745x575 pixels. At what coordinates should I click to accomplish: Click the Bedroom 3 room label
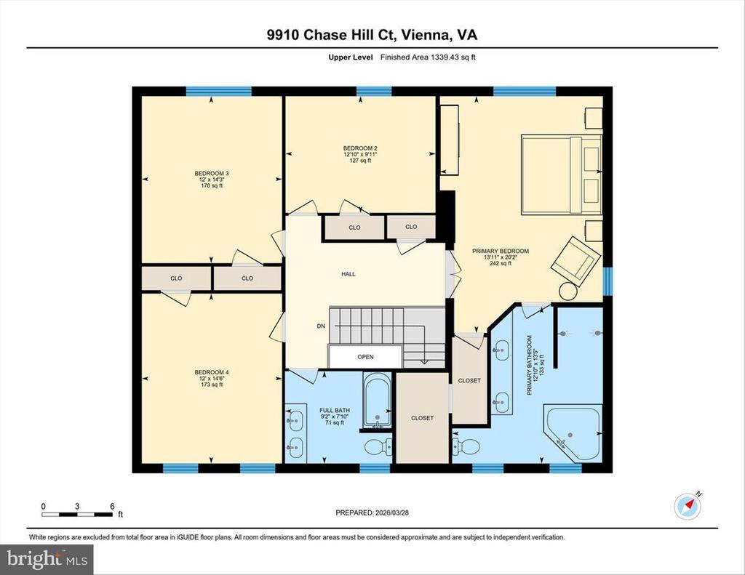tap(212, 173)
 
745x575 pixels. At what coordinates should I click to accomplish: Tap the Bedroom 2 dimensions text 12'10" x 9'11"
tap(361, 154)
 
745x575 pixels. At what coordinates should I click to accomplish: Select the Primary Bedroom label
tap(501, 252)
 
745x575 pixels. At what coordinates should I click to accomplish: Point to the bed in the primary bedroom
tap(562, 174)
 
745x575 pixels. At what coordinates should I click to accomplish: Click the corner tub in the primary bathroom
tap(572, 432)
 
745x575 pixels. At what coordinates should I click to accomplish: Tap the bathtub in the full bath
tap(378, 399)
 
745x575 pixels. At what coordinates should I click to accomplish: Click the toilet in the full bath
tap(378, 446)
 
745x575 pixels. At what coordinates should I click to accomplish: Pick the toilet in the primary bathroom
tap(466, 446)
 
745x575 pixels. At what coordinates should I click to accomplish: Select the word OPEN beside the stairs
tap(365, 357)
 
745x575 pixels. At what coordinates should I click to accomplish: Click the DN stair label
tap(321, 326)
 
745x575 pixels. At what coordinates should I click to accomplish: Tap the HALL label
tap(348, 274)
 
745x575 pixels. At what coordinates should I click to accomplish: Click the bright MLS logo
tap(47, 559)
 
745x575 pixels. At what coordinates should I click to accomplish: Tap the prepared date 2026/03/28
tap(392, 512)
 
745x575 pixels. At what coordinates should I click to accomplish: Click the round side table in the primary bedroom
tap(567, 291)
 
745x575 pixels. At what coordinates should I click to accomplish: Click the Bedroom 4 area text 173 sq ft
tap(212, 385)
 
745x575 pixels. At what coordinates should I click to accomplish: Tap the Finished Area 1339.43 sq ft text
tap(428, 57)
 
